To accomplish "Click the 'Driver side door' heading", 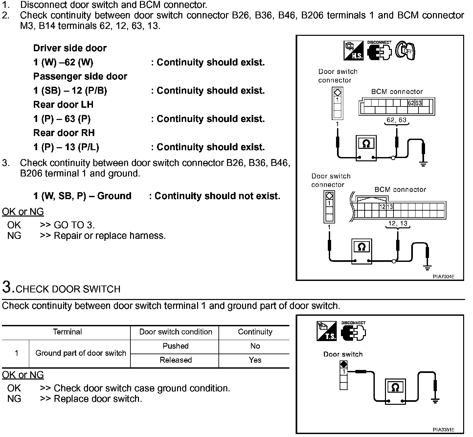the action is (70, 48).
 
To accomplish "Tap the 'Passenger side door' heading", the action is (80, 77).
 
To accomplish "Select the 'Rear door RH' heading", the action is (64, 133).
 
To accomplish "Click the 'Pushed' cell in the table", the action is (175, 346).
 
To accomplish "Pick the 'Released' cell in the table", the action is (176, 360).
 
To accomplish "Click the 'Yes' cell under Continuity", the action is (255, 360).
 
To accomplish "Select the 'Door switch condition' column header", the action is (175, 332).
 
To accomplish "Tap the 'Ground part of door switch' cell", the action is (81, 353).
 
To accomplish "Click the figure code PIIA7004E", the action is (443, 276).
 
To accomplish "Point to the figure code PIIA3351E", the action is (443, 430).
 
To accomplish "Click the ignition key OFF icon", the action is (405, 51).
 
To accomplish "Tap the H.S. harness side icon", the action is (353, 51).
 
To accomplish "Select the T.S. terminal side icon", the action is (327, 331).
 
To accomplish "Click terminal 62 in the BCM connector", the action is (411, 103).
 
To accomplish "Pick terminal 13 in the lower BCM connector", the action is (390, 207).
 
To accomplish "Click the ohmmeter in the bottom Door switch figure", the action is (395, 391).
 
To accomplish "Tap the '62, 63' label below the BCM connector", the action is (396, 120).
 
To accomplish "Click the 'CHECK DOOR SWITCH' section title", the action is (68, 289).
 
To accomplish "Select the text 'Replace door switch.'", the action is (98, 399).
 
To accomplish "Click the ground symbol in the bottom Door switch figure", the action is (435, 401).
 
